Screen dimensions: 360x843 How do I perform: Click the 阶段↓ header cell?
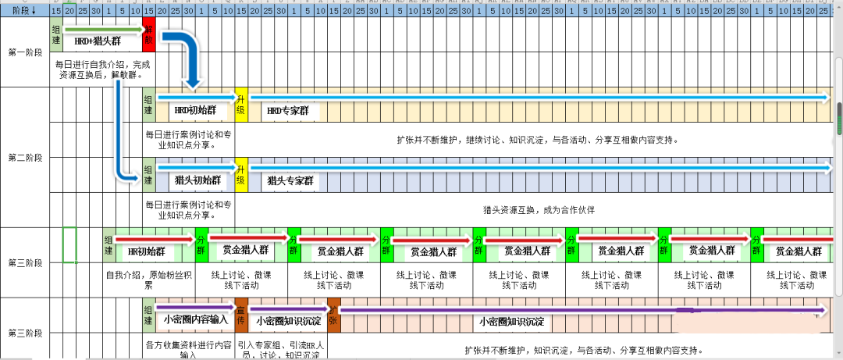[x=24, y=11]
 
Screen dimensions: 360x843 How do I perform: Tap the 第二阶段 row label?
[x=25, y=158]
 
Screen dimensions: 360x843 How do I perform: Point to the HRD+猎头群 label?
[x=98, y=41]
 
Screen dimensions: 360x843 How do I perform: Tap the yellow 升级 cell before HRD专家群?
[x=241, y=105]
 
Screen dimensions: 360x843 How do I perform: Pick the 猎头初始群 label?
[x=198, y=180]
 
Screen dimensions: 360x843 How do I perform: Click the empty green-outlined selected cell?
[x=69, y=244]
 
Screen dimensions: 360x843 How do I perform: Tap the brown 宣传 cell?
[x=241, y=315]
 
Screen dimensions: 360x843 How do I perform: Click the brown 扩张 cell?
[x=333, y=315]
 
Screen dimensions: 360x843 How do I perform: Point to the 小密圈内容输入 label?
[x=195, y=320]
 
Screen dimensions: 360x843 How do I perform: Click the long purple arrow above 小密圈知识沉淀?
[x=578, y=309]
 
